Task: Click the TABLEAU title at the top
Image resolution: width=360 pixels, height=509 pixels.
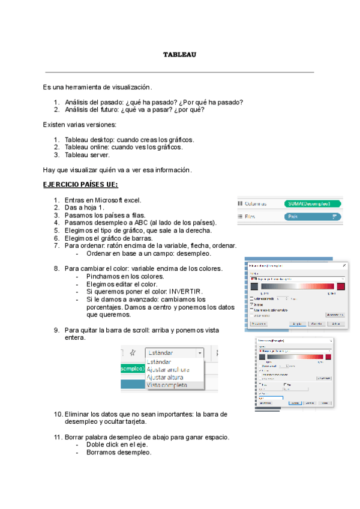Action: pos(180,55)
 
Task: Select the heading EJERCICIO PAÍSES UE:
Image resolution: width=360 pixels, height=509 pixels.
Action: pos(80,185)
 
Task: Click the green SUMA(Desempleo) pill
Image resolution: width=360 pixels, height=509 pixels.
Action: pos(311,204)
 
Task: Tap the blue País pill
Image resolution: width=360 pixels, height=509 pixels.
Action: pos(311,217)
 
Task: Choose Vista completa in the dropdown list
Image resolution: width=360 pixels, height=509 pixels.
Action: pos(167,385)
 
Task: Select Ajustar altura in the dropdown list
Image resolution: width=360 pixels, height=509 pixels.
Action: pos(166,378)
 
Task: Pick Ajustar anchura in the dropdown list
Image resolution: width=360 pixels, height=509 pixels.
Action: pos(168,370)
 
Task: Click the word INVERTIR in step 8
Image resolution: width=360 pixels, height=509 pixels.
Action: pos(179,291)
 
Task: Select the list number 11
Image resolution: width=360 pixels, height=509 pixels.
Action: pos(58,438)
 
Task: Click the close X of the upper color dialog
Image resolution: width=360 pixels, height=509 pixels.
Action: pos(344,265)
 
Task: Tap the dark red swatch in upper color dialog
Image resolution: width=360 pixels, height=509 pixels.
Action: pos(341,287)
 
